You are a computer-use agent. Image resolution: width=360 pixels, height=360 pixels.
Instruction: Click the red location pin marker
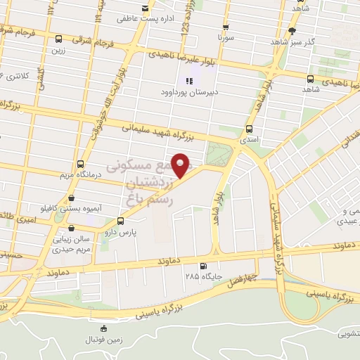pyautogui.click(x=181, y=165)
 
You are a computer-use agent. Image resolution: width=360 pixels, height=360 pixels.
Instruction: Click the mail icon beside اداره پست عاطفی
pyautogui.click(x=145, y=8)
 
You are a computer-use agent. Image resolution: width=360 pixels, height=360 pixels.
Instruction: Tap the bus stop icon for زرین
pyautogui.click(x=58, y=40)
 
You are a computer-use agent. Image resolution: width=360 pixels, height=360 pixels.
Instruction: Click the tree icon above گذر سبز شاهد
pyautogui.click(x=291, y=31)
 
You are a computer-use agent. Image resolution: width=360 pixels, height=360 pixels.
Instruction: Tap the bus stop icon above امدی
pyautogui.click(x=250, y=129)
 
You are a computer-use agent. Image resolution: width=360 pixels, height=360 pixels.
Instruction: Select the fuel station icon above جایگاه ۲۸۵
pyautogui.click(x=203, y=266)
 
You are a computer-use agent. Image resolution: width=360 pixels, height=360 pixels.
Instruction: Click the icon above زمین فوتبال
pyautogui.click(x=104, y=328)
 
